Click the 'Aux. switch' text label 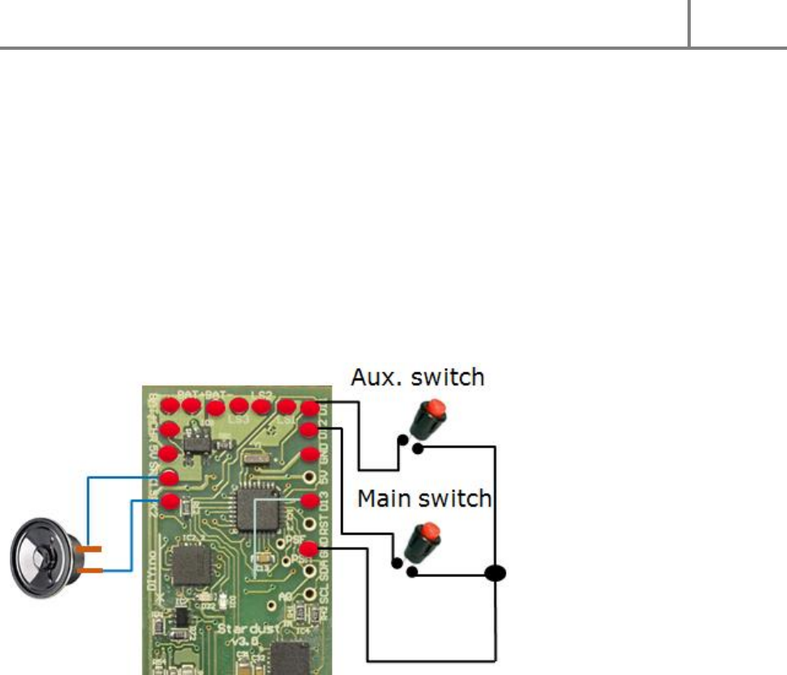pyautogui.click(x=418, y=377)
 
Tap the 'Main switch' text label pyautogui.click(x=424, y=497)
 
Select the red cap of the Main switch pyautogui.click(x=429, y=535)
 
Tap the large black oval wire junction pyautogui.click(x=494, y=573)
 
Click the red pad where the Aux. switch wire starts pyautogui.click(x=309, y=408)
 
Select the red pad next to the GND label pyautogui.click(x=309, y=454)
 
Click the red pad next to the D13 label pyautogui.click(x=309, y=500)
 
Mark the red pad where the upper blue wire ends pyautogui.click(x=170, y=478)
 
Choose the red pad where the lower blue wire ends pyautogui.click(x=170, y=501)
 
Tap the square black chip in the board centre pyautogui.click(x=254, y=509)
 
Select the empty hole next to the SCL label pyautogui.click(x=309, y=593)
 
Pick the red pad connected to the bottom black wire pyautogui.click(x=309, y=548)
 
